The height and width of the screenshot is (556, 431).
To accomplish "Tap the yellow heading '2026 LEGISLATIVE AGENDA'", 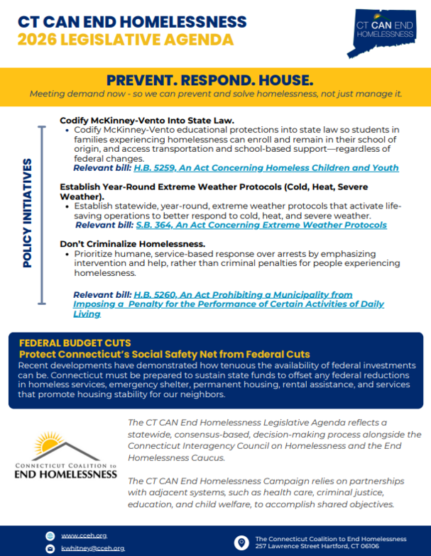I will click(126, 38).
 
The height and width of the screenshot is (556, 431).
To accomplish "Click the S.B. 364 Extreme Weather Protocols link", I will click(261, 225).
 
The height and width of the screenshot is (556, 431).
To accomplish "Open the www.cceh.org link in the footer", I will click(84, 535).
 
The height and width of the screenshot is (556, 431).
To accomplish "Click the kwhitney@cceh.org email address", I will click(92, 548).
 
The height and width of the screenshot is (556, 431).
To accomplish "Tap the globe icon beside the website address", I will click(50, 535).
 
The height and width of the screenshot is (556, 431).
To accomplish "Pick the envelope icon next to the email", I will click(50, 549).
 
